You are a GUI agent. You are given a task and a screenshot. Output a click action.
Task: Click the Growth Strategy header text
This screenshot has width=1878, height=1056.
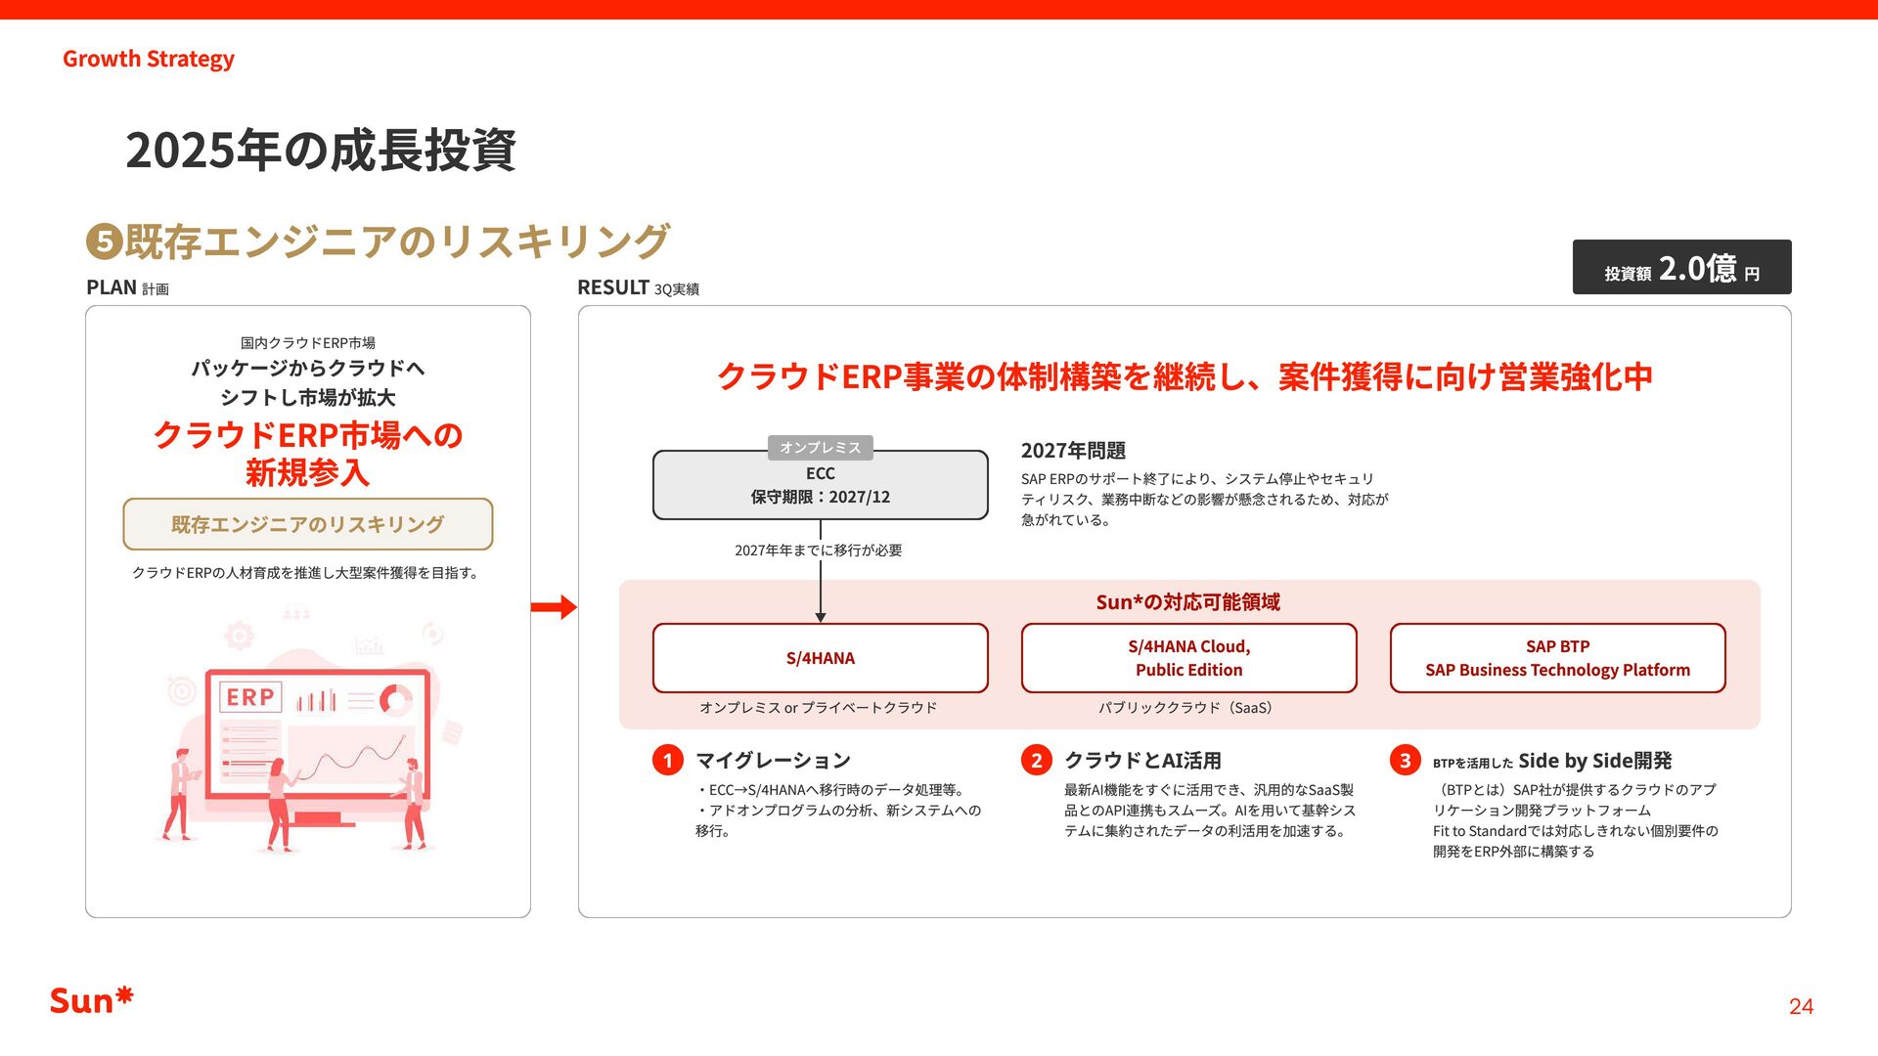click(149, 59)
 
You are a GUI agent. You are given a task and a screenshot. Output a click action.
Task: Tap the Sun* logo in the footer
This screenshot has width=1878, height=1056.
click(91, 1000)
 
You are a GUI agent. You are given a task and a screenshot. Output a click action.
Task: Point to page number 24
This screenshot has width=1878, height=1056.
click(1801, 1006)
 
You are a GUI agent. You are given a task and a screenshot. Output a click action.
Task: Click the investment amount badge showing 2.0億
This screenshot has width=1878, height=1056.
click(1681, 267)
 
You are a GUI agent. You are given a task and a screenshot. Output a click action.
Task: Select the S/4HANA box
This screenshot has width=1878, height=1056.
click(820, 658)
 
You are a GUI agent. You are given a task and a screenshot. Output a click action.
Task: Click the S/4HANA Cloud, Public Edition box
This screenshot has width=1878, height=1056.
click(1188, 658)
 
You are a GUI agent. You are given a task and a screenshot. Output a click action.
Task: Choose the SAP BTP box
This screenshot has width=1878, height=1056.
click(1557, 658)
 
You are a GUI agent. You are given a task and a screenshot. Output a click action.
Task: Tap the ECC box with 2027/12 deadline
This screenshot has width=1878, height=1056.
click(820, 486)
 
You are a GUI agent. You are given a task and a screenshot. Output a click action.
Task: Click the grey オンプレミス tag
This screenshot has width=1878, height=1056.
click(820, 447)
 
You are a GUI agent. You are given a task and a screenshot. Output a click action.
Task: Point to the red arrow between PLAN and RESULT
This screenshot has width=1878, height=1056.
click(554, 607)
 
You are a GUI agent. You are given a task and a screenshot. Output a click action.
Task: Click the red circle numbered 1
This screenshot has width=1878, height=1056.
click(668, 760)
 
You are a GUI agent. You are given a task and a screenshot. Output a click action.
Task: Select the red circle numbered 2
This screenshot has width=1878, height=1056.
click(1037, 760)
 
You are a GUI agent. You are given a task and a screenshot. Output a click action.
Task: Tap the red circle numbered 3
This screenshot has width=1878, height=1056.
click(1406, 760)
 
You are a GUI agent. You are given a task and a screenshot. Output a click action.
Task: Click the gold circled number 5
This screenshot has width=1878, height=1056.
click(104, 242)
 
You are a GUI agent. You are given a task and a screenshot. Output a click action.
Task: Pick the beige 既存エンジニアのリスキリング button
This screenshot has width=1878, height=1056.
click(307, 524)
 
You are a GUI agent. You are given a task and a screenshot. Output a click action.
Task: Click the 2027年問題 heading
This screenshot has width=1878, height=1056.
click(1073, 451)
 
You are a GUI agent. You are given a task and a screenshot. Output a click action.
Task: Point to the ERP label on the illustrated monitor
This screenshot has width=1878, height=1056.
click(250, 697)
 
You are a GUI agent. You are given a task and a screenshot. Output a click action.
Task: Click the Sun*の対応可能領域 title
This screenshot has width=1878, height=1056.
click(1187, 602)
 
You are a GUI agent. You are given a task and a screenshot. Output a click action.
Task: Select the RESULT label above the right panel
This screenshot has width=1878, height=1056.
click(613, 287)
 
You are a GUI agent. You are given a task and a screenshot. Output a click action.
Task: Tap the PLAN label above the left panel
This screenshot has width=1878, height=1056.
click(112, 287)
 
